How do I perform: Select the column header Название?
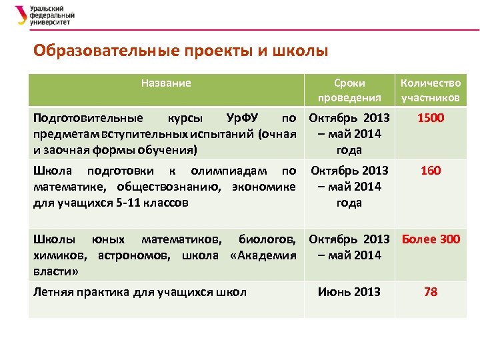[166, 83]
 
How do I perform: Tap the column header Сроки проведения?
[349, 90]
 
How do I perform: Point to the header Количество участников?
[430, 90]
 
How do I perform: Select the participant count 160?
[430, 171]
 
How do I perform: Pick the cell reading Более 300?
[430, 239]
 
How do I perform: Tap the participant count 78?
[430, 292]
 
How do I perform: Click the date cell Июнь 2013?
[349, 292]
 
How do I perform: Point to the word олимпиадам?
[227, 171]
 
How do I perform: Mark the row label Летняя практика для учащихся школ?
[139, 292]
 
